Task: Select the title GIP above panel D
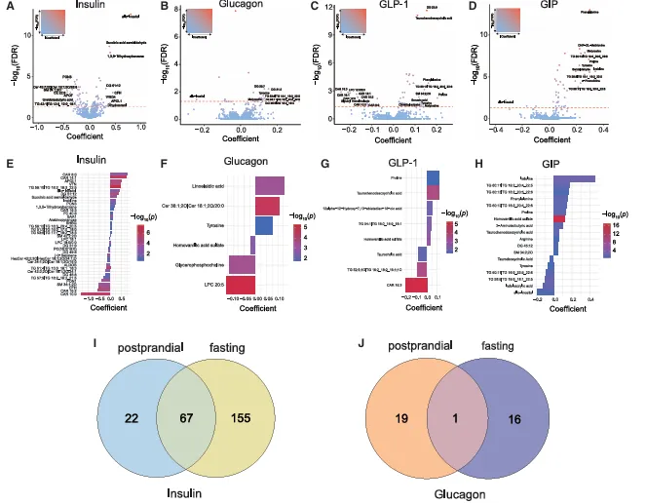(558, 9)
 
